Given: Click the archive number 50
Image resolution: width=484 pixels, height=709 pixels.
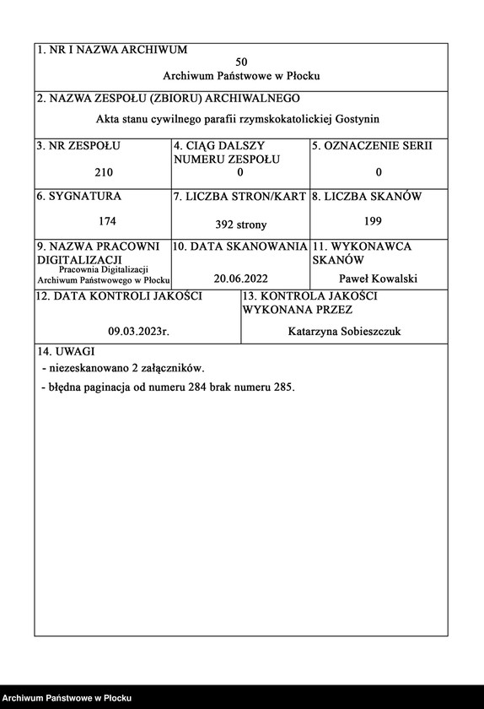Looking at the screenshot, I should pos(242,62).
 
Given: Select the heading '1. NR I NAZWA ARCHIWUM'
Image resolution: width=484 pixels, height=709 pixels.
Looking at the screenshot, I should pos(112,50).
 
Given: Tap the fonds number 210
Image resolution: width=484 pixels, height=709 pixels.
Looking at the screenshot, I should pos(103,172).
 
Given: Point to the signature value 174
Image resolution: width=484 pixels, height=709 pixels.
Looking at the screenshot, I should pos(107,221).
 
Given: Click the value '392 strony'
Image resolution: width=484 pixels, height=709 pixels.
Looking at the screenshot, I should pos(241,225).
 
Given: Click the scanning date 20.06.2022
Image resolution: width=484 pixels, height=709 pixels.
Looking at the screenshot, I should pos(241,278).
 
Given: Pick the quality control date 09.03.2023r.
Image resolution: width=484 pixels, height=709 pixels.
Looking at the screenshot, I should pos(139,332).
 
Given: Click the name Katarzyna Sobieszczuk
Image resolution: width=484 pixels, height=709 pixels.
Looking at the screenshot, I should pos(344,332).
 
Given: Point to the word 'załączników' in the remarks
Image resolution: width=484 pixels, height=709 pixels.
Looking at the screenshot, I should pos(172,368).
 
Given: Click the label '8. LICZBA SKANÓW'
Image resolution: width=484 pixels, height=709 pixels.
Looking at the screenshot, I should pos(367,197).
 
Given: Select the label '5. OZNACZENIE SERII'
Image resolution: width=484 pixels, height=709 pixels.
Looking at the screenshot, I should pos(372,146).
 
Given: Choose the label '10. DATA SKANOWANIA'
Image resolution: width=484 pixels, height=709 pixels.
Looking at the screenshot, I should pos(240,247).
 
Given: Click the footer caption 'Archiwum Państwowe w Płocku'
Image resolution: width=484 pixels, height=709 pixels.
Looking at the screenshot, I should pos(67,698).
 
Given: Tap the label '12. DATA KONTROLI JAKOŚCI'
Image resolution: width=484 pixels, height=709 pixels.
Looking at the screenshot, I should pos(119,297).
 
